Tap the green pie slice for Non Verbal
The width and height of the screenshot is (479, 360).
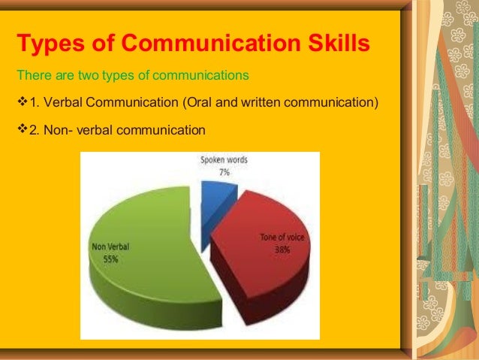coord(143,271)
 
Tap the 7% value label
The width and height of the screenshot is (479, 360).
coord(223,172)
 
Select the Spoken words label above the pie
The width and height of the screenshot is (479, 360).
coord(224,161)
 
